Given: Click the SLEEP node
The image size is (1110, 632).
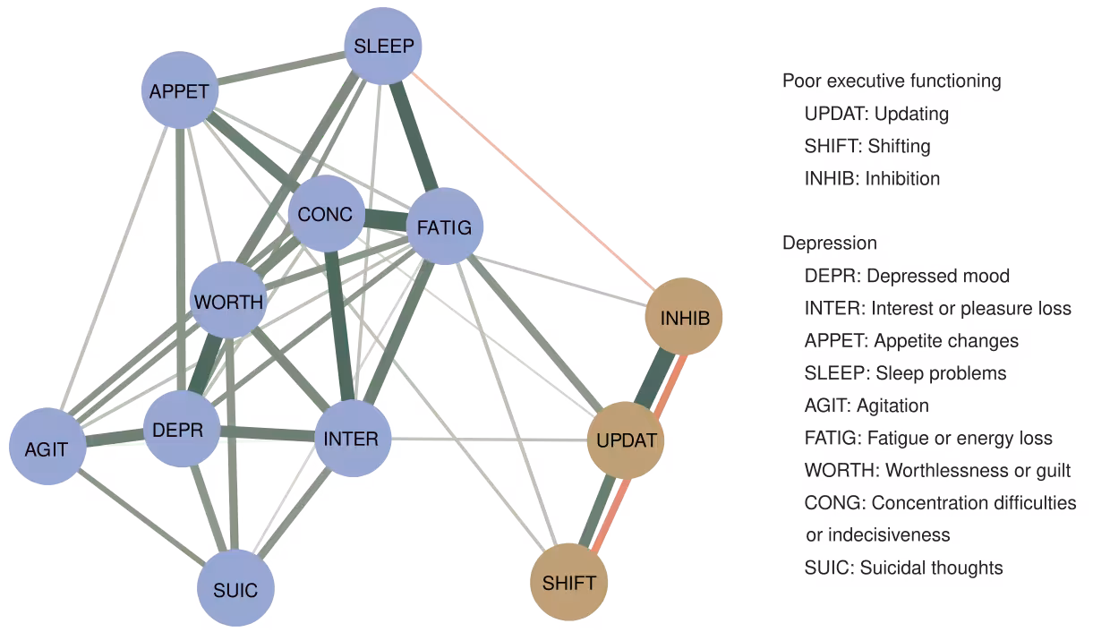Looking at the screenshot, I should tap(383, 46).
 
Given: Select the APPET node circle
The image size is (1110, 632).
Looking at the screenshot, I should tap(179, 90).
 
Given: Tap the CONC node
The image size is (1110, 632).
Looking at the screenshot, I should tap(326, 214).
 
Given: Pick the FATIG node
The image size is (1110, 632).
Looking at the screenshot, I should tap(445, 226).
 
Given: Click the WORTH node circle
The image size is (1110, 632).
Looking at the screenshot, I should tap(229, 301).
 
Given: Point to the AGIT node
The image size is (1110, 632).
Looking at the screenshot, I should tap(47, 448).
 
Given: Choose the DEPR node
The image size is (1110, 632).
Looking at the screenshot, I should tap(182, 430).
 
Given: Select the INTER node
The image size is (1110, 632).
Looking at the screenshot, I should tap(352, 439).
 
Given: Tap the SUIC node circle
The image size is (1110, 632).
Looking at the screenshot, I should tap(235, 589).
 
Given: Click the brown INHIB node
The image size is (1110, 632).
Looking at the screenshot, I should tap(684, 317).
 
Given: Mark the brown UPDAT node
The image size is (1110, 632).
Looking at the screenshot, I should tap(626, 440).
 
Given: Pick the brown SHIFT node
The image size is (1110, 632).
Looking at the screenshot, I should tap(569, 583).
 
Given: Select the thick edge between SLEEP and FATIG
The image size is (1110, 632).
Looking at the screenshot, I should tap(416, 139).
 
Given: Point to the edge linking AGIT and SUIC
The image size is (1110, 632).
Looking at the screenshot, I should tap(139, 517).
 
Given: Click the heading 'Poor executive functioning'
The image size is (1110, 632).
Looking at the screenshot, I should tap(892, 81).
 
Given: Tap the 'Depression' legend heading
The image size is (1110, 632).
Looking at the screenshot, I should tap(829, 243).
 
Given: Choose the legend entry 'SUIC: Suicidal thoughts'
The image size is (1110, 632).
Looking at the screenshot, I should tap(903, 568).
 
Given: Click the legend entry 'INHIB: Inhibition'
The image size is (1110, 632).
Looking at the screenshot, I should tap(872, 178).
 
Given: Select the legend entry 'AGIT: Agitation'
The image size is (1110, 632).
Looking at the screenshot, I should tap(866, 406).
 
